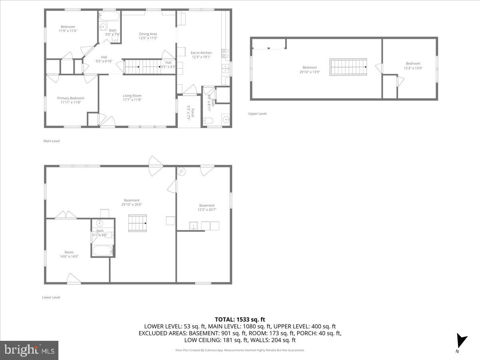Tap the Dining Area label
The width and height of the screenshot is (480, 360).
(x=148, y=36)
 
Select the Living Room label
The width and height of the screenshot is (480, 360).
(x=132, y=98)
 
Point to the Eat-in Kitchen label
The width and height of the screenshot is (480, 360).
(x=201, y=55)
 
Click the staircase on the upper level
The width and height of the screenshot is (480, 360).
(x=348, y=67)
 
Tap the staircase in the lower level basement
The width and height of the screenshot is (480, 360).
(x=137, y=223)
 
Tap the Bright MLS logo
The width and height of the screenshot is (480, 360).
(x=29, y=350)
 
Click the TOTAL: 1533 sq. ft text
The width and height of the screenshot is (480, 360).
(x=240, y=319)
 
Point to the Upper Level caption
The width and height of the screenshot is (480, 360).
(x=257, y=114)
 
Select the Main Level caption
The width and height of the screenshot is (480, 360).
(x=52, y=141)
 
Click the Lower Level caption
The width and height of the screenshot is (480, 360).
(x=51, y=297)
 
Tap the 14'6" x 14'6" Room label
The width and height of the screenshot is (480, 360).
(x=69, y=254)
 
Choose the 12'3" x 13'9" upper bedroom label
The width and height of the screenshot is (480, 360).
(x=413, y=66)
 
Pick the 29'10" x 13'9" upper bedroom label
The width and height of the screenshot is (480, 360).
(x=310, y=70)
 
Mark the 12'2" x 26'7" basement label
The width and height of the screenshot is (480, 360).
(x=207, y=208)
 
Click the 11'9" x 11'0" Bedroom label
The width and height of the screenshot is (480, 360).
(x=68, y=29)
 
